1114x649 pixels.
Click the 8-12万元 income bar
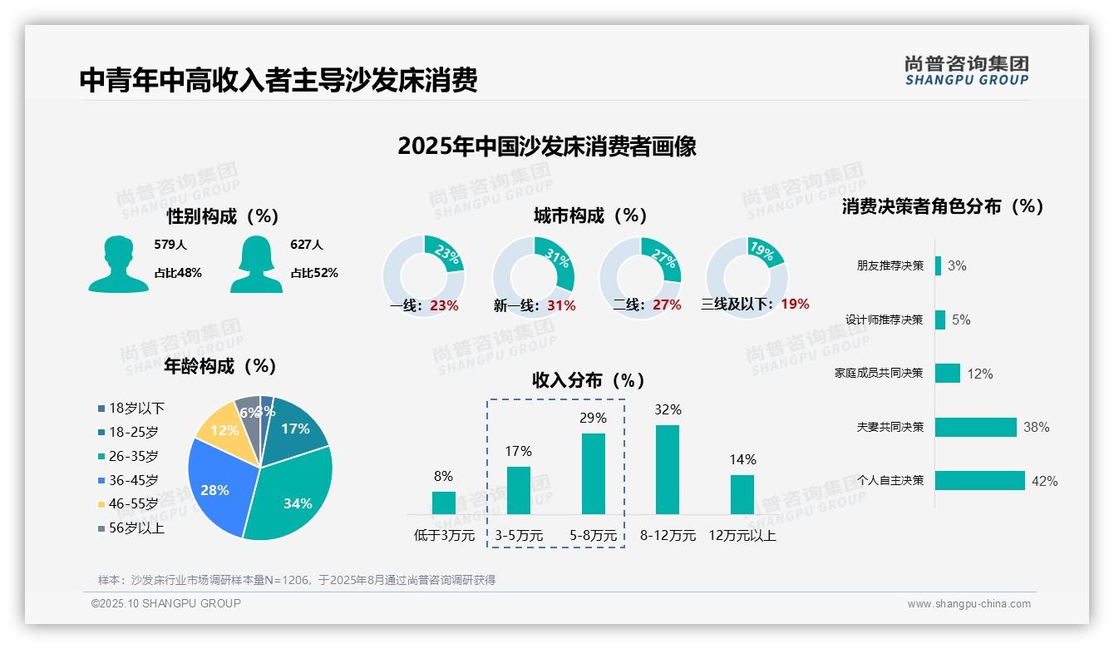[667, 469]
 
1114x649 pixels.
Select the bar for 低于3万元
[443, 503]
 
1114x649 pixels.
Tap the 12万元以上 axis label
[742, 536]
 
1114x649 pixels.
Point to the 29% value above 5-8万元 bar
[593, 418]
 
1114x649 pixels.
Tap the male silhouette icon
[118, 264]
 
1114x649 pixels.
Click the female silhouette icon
[255, 264]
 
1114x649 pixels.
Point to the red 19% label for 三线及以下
[795, 305]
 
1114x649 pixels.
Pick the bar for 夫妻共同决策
[975, 427]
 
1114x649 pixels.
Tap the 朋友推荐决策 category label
[890, 266]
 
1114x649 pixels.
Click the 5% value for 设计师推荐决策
[961, 320]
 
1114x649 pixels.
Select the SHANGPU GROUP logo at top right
[966, 70]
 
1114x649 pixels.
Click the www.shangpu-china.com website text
[969, 604]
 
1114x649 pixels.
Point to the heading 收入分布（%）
[589, 380]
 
